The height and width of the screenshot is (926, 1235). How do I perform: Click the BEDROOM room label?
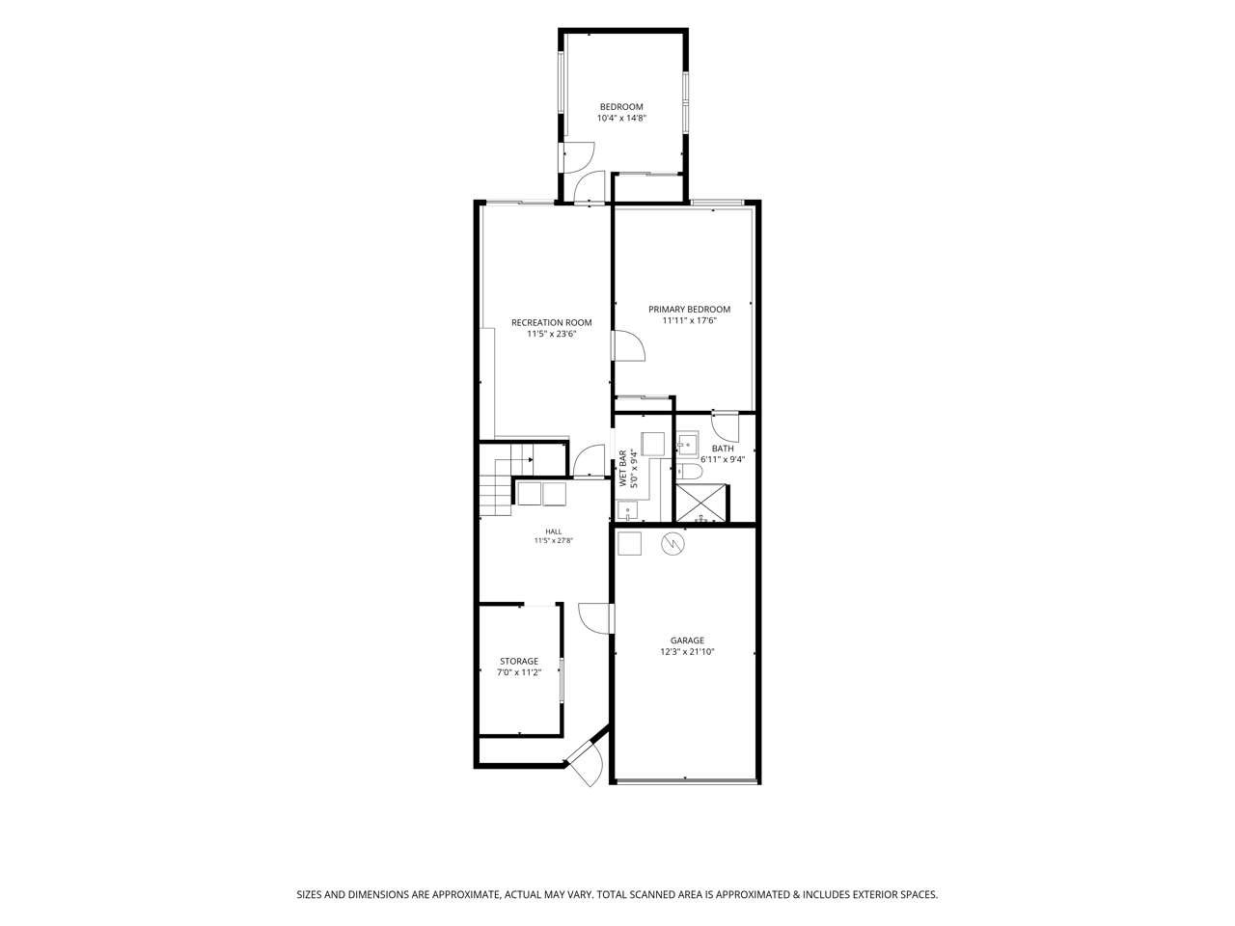point(621,107)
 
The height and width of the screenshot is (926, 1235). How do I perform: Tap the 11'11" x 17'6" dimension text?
point(689,321)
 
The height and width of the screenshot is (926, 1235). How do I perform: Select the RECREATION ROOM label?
point(551,323)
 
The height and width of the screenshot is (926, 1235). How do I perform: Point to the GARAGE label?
point(687,640)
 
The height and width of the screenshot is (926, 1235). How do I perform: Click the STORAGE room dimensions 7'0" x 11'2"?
point(519,672)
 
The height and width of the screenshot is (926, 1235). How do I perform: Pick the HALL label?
point(554,531)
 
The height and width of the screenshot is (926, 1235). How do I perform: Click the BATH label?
point(723,449)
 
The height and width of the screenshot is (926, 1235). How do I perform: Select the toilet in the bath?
point(689,472)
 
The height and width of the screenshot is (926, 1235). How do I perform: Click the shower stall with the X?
point(701,503)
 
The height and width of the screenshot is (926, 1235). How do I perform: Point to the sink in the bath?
point(687,445)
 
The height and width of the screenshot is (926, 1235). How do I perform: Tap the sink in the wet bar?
point(627,511)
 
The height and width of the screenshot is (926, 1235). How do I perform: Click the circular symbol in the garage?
point(672,544)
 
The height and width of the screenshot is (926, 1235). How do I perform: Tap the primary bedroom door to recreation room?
point(628,345)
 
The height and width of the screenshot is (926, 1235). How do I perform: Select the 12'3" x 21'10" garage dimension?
point(687,652)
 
